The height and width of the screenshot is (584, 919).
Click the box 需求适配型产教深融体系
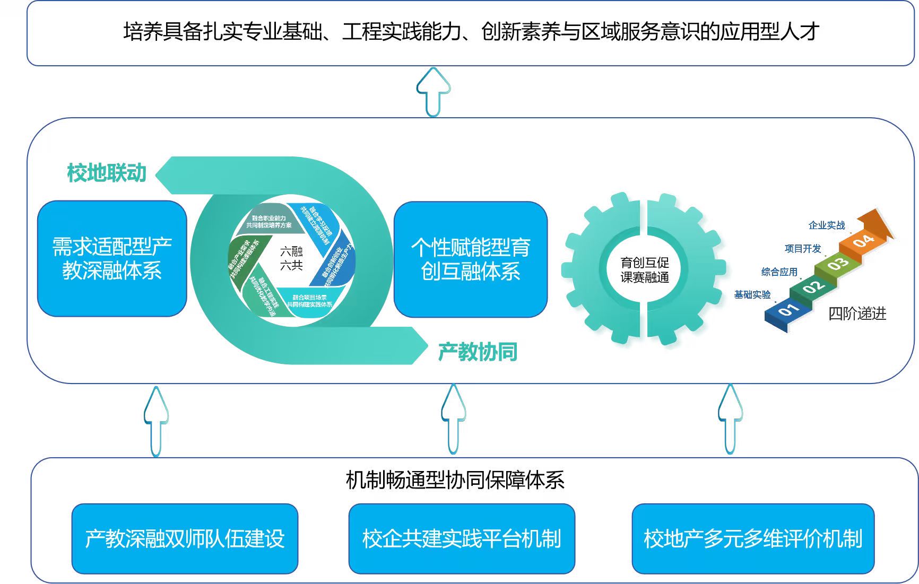pyautogui.click(x=112, y=258)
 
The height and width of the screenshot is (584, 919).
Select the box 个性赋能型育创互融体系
pyautogui.click(x=471, y=259)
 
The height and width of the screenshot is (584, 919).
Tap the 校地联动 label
pyautogui.click(x=107, y=173)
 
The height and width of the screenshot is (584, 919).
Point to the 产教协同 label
pyautogui.click(x=478, y=352)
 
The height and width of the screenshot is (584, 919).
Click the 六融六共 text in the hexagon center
pyautogui.click(x=291, y=258)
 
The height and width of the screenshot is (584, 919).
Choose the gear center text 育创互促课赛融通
pyautogui.click(x=645, y=269)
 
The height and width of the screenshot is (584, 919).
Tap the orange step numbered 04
pyautogui.click(x=863, y=241)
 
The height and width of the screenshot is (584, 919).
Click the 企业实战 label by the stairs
pyautogui.click(x=826, y=225)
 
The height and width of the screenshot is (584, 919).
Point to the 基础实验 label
pyautogui.click(x=752, y=295)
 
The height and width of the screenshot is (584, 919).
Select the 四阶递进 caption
pyautogui.click(x=857, y=313)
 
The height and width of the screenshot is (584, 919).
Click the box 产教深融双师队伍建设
pyautogui.click(x=185, y=538)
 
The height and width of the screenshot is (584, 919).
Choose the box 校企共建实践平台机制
pyautogui.click(x=462, y=538)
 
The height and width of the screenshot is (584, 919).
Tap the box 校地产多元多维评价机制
pyautogui.click(x=753, y=538)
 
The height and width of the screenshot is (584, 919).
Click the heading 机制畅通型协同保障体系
pyautogui.click(x=455, y=480)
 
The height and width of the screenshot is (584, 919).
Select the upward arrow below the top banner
pyautogui.click(x=434, y=92)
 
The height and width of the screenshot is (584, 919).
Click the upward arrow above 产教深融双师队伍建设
pyautogui.click(x=156, y=421)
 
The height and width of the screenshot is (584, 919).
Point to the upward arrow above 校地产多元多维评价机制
pyautogui.click(x=730, y=419)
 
